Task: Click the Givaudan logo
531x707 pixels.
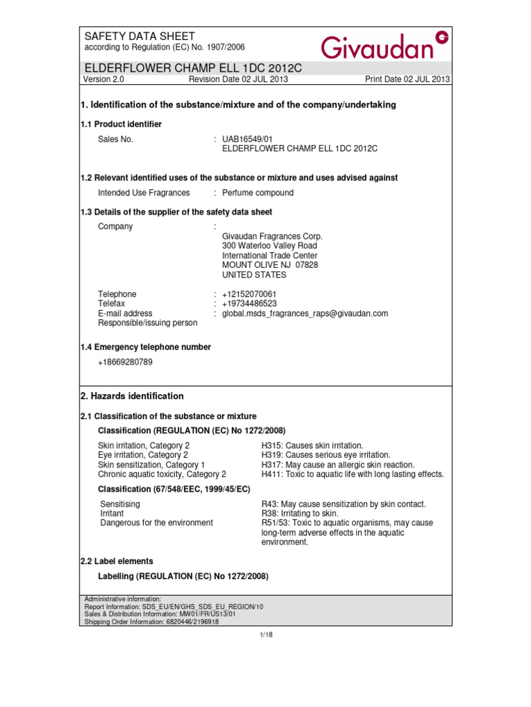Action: [x=384, y=45]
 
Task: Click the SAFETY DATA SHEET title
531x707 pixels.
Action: [x=140, y=36]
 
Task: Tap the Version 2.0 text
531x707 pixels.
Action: [x=102, y=79]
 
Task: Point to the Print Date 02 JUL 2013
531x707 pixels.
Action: [x=407, y=79]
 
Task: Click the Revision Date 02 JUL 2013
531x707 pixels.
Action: [x=239, y=79]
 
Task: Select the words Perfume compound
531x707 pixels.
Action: [x=258, y=193]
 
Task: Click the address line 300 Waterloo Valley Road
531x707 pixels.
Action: [x=270, y=246]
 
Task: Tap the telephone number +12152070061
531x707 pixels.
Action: [x=249, y=294]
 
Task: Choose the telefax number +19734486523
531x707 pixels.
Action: [x=249, y=304]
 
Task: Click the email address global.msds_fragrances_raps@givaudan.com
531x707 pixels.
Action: [x=305, y=313]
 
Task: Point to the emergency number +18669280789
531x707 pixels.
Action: [x=125, y=362]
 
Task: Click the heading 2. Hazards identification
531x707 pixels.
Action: [x=133, y=396]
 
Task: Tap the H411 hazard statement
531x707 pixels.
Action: [x=353, y=474]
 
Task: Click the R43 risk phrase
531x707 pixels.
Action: [x=344, y=504]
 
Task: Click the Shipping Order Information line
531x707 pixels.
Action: [x=151, y=621]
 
